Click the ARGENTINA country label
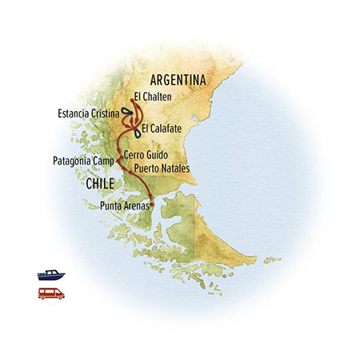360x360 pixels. coord(178,81)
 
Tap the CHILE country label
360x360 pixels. coord(101,185)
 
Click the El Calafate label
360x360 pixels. coord(164,127)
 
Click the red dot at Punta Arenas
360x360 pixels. coord(151,205)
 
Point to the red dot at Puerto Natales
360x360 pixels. coord(131,170)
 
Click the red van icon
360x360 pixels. coord(50,293)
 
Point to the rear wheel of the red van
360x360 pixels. coord(43,297)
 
